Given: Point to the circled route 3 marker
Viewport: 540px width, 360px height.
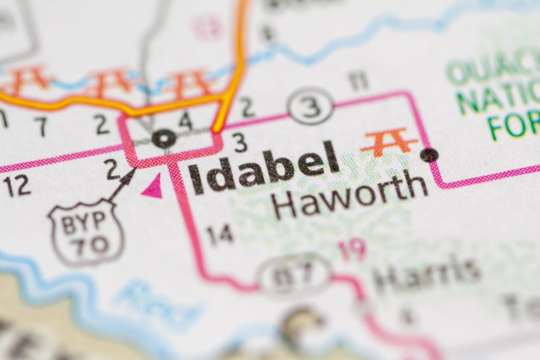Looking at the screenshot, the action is (x=311, y=106).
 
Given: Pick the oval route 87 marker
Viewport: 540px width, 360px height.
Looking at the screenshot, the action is (x=294, y=274).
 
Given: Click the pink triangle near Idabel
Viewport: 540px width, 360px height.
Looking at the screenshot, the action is (x=153, y=187).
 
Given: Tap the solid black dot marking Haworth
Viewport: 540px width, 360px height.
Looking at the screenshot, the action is (x=430, y=154).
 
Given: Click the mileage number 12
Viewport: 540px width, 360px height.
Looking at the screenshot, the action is (x=16, y=186).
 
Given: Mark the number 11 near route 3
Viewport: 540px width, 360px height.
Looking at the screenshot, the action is (x=358, y=82).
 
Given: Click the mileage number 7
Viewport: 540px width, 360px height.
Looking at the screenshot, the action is (x=41, y=126).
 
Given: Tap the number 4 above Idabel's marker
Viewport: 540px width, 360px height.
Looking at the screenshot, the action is (x=185, y=121).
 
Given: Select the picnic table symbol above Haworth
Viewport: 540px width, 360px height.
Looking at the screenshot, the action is (x=390, y=141).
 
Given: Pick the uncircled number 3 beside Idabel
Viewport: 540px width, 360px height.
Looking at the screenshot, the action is (x=239, y=143).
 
